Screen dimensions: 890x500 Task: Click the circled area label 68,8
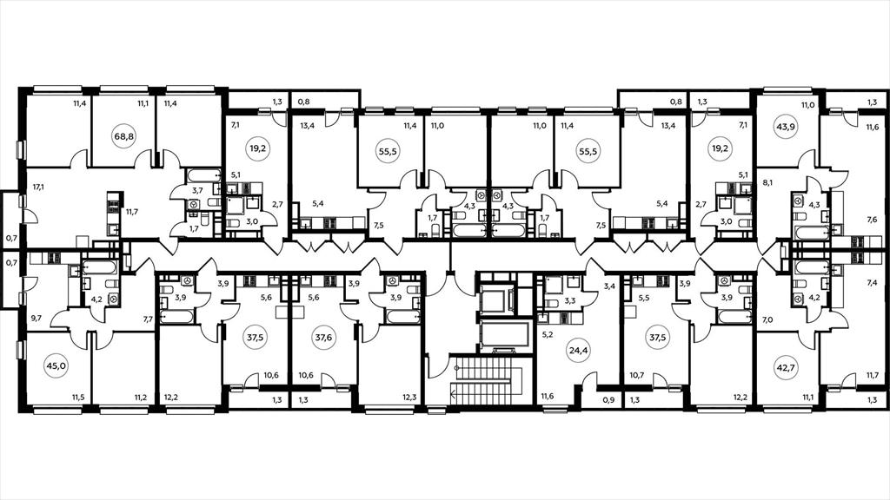[123, 136]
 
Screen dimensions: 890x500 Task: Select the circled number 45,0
[56, 366]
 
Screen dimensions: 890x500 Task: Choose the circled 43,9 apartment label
[786, 127]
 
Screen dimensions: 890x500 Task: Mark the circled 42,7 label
[786, 367]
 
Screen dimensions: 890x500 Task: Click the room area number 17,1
[38, 186]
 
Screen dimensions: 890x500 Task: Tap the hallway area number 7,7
[148, 319]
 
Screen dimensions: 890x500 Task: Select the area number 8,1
[767, 183]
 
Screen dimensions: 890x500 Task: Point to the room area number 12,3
[410, 398]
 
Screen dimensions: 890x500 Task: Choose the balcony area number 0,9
[609, 400]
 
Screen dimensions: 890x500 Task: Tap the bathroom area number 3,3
[570, 301]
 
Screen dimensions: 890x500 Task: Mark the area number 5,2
[548, 335]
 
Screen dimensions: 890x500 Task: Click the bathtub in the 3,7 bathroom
[203, 174]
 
